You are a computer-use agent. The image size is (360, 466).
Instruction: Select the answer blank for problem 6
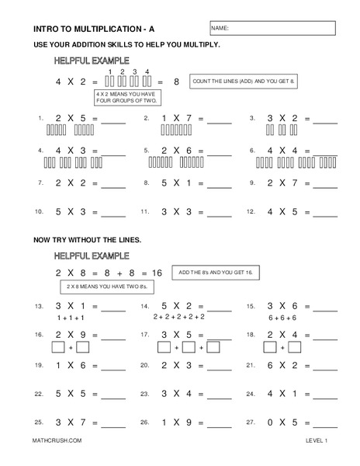click(324, 152)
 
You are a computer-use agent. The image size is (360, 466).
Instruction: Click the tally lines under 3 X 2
click(278, 131)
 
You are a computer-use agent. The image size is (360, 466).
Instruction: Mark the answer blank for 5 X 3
click(113, 213)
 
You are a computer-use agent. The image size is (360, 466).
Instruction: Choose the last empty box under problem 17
click(213, 346)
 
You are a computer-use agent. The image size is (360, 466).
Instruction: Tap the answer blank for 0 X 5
click(324, 424)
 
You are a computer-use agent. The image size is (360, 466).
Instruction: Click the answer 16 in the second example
click(157, 273)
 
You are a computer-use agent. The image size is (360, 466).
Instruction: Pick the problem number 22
click(38, 395)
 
